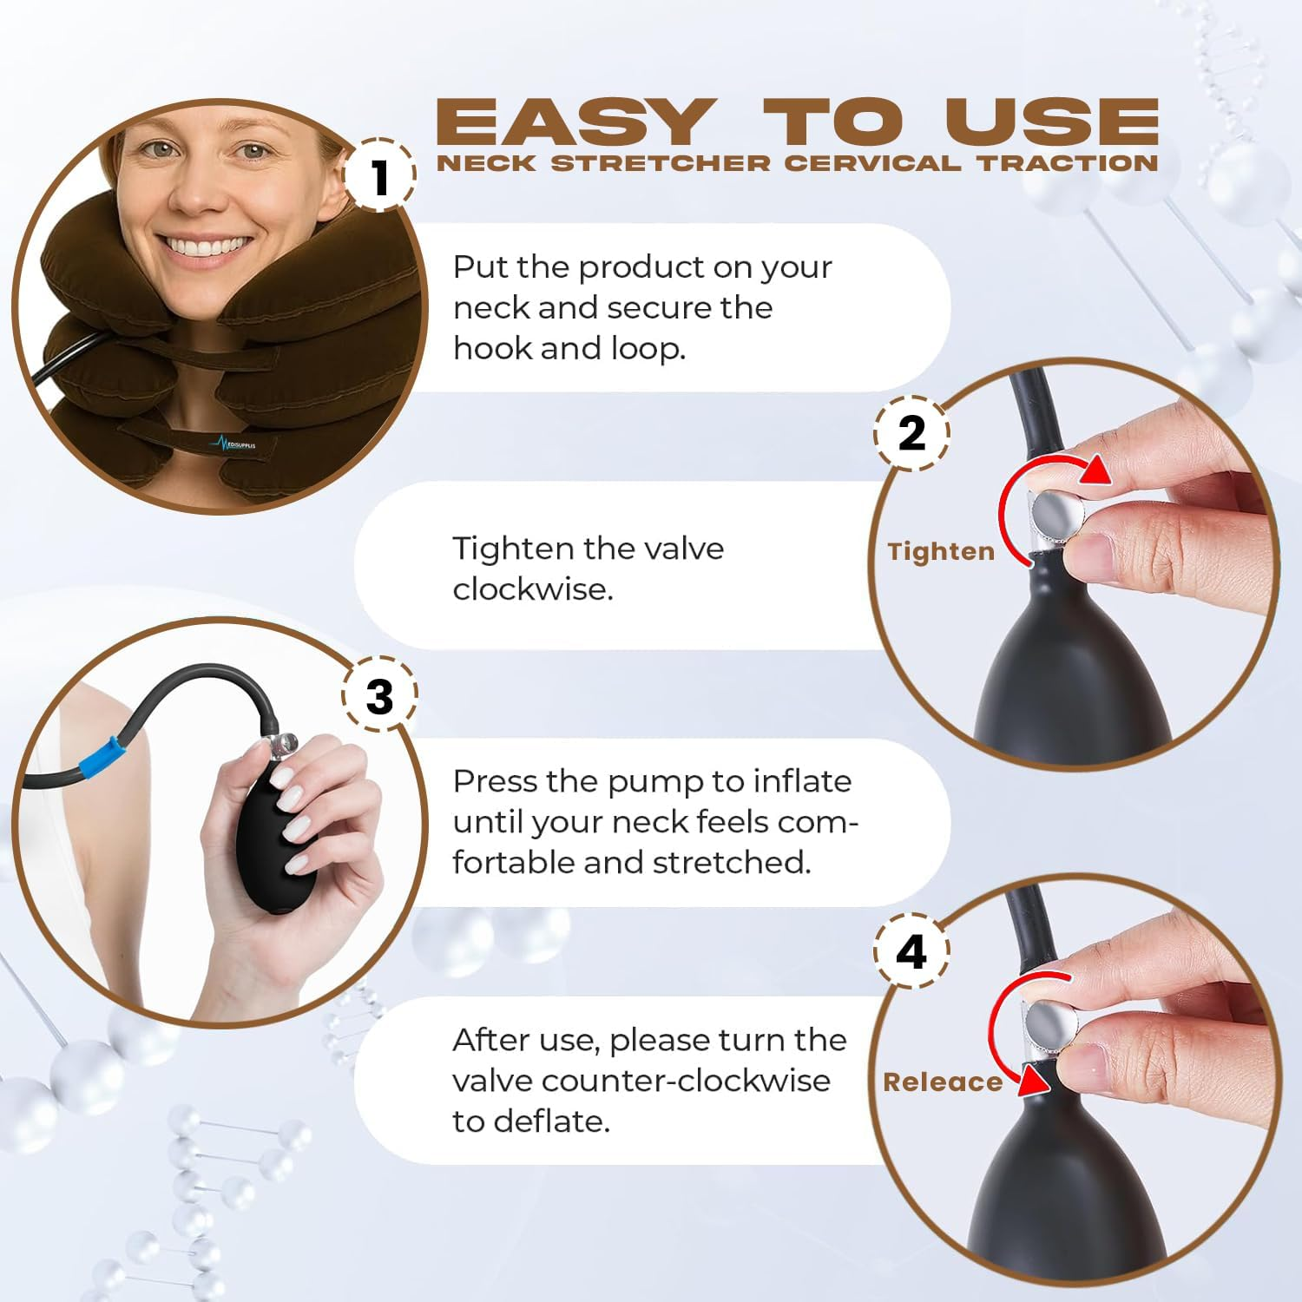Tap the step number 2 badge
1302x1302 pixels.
click(911, 433)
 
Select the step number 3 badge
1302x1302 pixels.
click(379, 696)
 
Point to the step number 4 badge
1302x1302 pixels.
click(911, 952)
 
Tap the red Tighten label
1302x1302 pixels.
click(941, 551)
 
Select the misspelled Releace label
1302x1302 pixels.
click(943, 1082)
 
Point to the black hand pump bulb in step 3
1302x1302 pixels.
click(275, 833)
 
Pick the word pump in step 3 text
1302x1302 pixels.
click(655, 783)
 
